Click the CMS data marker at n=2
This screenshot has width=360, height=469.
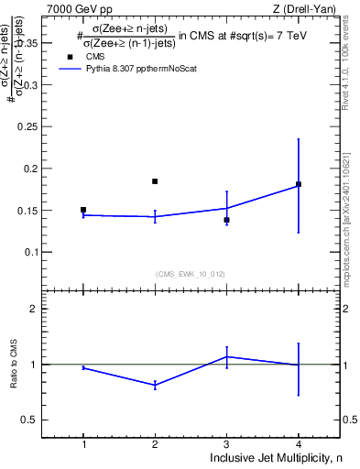coord(155,181)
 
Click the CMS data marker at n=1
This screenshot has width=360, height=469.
coord(83,210)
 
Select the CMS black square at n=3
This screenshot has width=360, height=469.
coord(226,220)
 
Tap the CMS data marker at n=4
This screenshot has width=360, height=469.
coord(299,184)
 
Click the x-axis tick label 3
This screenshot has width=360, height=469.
coord(226,444)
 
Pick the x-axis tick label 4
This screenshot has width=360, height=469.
coord(299,444)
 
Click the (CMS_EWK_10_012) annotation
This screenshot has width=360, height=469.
coord(191,273)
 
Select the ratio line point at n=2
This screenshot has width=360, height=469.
coord(155,386)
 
